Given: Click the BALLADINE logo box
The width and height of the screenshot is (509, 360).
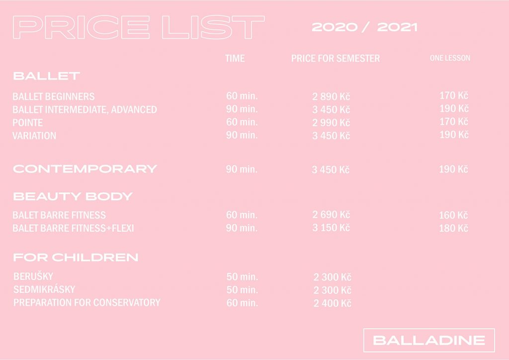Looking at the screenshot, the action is tap(429, 340).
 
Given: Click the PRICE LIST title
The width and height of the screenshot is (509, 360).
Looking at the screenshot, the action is tap(139, 27).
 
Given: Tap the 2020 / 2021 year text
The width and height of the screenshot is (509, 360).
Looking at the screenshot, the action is tap(364, 27).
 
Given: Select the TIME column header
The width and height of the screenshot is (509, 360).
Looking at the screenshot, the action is tap(235, 59).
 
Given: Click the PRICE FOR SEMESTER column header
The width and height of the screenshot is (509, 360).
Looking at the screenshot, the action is tap(336, 59).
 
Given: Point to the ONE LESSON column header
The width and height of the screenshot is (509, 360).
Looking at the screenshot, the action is tap(450, 58).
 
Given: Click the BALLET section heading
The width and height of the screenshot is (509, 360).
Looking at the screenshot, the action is tap(46, 76).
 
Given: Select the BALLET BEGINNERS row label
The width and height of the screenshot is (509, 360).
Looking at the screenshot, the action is tap(54, 96).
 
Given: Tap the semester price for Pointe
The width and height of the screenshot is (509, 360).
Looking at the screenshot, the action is tap(331, 123).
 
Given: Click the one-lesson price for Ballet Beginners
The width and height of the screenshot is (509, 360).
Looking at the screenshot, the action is tap(454, 95).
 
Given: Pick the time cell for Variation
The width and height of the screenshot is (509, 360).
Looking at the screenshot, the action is tap(242, 135).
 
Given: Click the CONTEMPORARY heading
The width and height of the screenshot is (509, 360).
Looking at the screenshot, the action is tap(85, 169).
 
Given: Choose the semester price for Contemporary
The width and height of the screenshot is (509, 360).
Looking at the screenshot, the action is tap(331, 170).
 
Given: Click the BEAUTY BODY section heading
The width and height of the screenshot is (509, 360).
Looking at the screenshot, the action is tap(73, 196).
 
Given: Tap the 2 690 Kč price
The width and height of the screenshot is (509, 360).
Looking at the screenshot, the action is tap(331, 215).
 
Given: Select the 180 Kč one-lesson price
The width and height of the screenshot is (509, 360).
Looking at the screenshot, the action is tap(453, 228).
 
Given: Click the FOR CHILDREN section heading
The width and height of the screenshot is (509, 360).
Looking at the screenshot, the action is tap(76, 258).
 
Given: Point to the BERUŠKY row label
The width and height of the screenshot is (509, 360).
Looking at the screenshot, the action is tap(33, 276).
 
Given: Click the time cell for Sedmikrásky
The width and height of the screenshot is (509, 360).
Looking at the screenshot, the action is tap(242, 289).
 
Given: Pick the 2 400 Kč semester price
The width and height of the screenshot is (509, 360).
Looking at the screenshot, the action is tap(333, 303).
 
